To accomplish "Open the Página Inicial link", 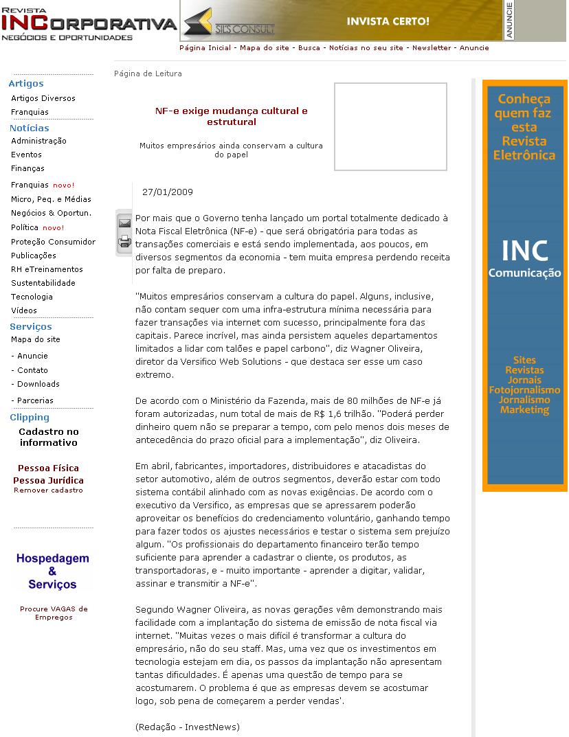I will [x=205, y=48].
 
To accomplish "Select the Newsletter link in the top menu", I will [x=432, y=48].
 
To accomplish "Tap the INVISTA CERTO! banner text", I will [x=388, y=21].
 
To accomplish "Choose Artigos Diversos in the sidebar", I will [x=43, y=98].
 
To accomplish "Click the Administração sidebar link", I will [x=38, y=141].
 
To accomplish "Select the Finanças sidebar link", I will [x=27, y=168].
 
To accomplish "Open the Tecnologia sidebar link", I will [x=32, y=297].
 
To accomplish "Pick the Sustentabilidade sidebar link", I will [x=43, y=283].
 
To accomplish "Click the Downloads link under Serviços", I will [x=38, y=384].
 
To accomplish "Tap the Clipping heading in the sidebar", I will [x=30, y=418].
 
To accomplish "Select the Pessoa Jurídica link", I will [x=48, y=480].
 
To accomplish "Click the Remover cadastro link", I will [x=48, y=490].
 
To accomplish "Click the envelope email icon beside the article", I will [x=124, y=223].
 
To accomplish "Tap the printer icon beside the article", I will [x=124, y=240].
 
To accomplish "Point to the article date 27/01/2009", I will [x=167, y=192].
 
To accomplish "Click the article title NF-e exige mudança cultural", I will [x=231, y=116].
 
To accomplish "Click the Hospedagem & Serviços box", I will [x=52, y=571].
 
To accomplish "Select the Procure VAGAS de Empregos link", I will [x=54, y=613].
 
